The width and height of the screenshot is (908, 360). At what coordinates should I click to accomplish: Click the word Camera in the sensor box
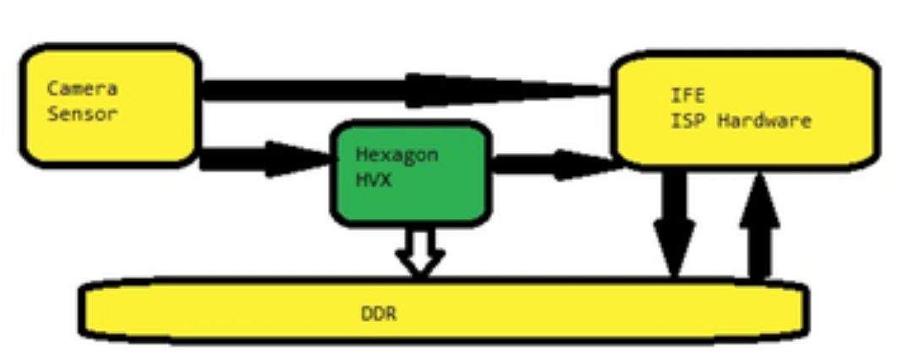click(x=82, y=88)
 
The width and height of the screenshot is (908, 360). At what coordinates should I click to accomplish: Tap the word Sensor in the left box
click(x=82, y=113)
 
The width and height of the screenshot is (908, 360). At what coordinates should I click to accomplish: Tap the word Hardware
click(x=764, y=121)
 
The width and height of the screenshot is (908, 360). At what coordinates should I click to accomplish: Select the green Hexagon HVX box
click(x=411, y=199)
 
